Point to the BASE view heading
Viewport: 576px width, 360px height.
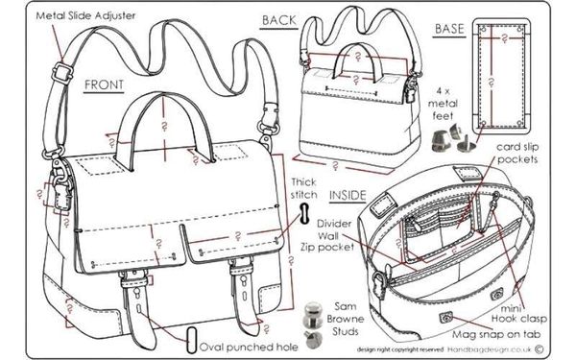pos(449,29)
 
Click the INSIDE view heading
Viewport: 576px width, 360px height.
pos(348,194)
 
